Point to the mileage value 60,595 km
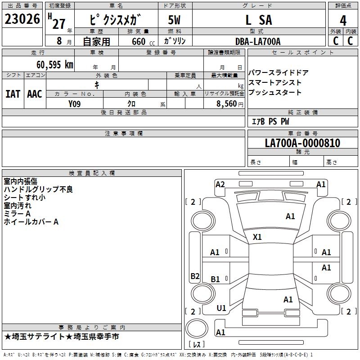tap(55, 64)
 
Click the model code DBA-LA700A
tap(258, 41)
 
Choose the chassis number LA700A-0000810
tap(302, 143)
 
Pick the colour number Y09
tap(75, 103)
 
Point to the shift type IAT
tap(13, 94)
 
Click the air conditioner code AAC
tap(35, 94)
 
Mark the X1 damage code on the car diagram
tap(257, 237)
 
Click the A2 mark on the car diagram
tap(220, 184)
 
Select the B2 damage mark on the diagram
tap(195, 276)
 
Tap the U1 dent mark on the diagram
tap(221, 308)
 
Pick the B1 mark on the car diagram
tap(216, 279)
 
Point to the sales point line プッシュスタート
tap(275, 93)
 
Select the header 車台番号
tap(302, 134)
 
